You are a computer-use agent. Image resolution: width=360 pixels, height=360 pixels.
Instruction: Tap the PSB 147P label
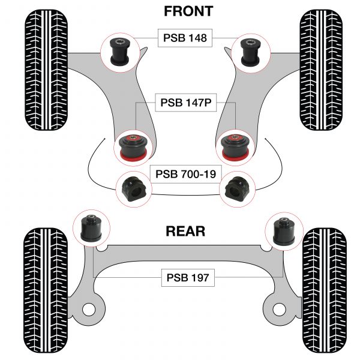[185, 102]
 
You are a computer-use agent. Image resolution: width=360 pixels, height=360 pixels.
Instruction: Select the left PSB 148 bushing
[119, 51]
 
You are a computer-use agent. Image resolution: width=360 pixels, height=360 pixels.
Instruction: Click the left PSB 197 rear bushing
[89, 229]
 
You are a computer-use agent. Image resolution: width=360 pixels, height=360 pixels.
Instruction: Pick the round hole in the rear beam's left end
[89, 310]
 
